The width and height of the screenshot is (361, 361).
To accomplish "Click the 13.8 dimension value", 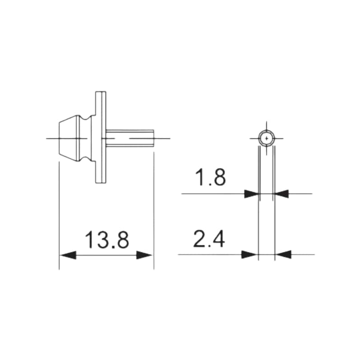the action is (107, 240).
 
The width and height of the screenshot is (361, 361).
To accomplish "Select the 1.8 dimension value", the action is (210, 177).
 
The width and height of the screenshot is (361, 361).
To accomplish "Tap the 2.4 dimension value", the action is (209, 239).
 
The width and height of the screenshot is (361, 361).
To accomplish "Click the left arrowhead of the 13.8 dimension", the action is (68, 255).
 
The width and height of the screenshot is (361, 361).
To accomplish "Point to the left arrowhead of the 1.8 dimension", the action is (252, 194).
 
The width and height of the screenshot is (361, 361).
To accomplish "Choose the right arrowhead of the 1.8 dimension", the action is (281, 194).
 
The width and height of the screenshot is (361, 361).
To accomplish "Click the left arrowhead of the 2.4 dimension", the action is (250, 255).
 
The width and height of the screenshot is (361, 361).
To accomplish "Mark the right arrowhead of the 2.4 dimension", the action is (283, 255).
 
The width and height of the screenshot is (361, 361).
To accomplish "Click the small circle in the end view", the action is (267, 131).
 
